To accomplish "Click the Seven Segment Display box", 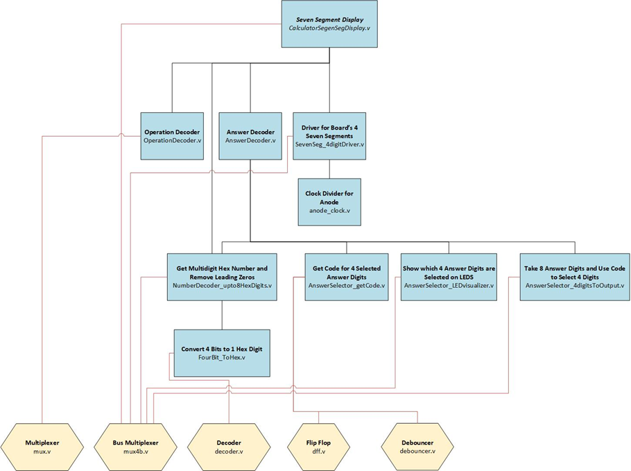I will (x=329, y=24).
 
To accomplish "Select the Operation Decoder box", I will (x=172, y=136).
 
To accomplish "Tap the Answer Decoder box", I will (x=250, y=136).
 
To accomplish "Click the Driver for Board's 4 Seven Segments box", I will (x=329, y=136).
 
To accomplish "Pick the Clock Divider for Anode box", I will (x=330, y=202).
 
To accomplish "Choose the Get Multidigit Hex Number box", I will (x=221, y=276).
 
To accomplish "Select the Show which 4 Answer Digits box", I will (x=449, y=276).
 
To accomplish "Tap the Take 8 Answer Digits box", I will (x=574, y=276).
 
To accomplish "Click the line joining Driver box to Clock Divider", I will (x=329, y=169).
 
